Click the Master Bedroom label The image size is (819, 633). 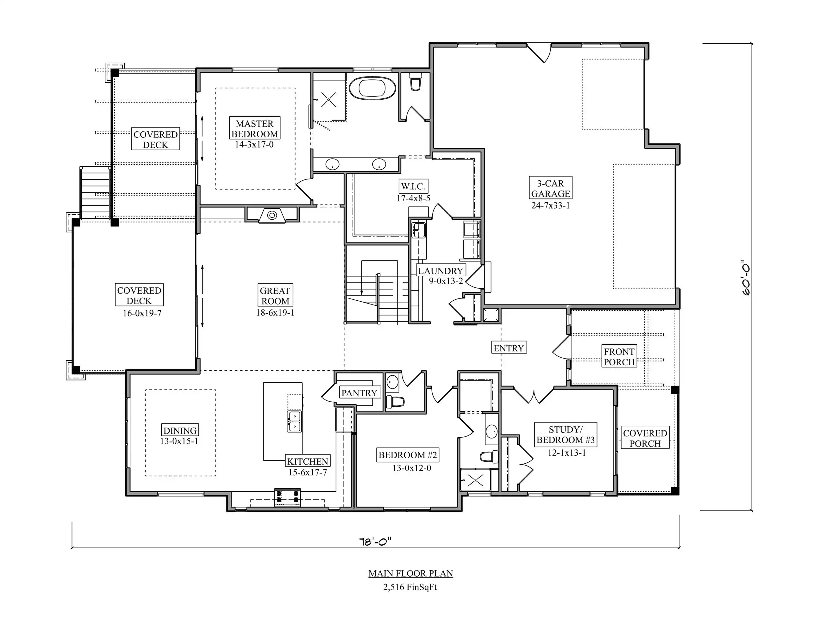tap(255, 128)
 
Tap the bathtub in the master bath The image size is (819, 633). tap(372, 89)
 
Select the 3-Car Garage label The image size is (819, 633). tap(551, 188)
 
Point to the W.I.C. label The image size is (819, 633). tap(413, 186)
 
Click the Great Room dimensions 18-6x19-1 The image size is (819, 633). tap(275, 312)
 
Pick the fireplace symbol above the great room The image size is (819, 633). tap(272, 215)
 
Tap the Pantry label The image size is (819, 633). tap(359, 393)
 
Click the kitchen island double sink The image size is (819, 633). tap(294, 421)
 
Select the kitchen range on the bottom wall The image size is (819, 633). tap(287, 497)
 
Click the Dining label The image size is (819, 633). tap(180, 430)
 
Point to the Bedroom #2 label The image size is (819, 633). tap(408, 455)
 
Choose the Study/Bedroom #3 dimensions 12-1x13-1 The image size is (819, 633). tap(567, 453)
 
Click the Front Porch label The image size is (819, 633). tap(619, 356)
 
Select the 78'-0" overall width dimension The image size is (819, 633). tap(375, 542)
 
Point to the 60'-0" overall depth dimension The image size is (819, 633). tap(746, 278)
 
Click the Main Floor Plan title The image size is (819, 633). tap(411, 573)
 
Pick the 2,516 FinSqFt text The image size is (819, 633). tap(410, 587)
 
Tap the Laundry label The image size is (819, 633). tap(441, 271)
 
